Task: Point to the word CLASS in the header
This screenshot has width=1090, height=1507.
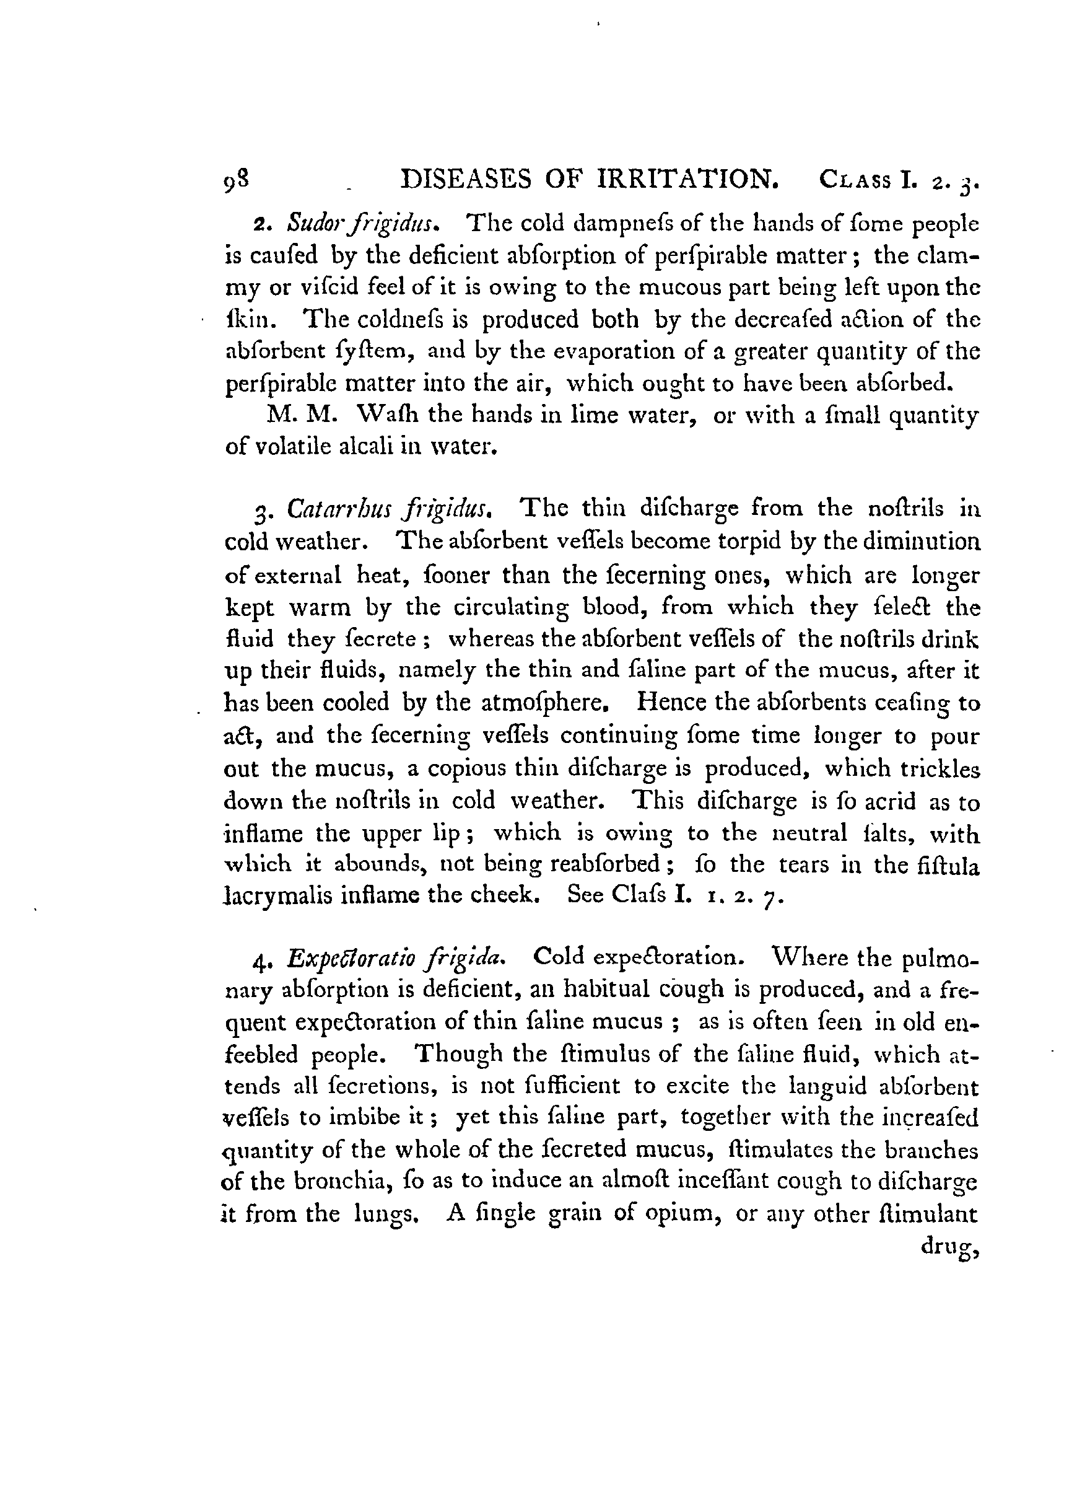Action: click(855, 181)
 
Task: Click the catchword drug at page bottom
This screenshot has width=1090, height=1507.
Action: click(949, 1247)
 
